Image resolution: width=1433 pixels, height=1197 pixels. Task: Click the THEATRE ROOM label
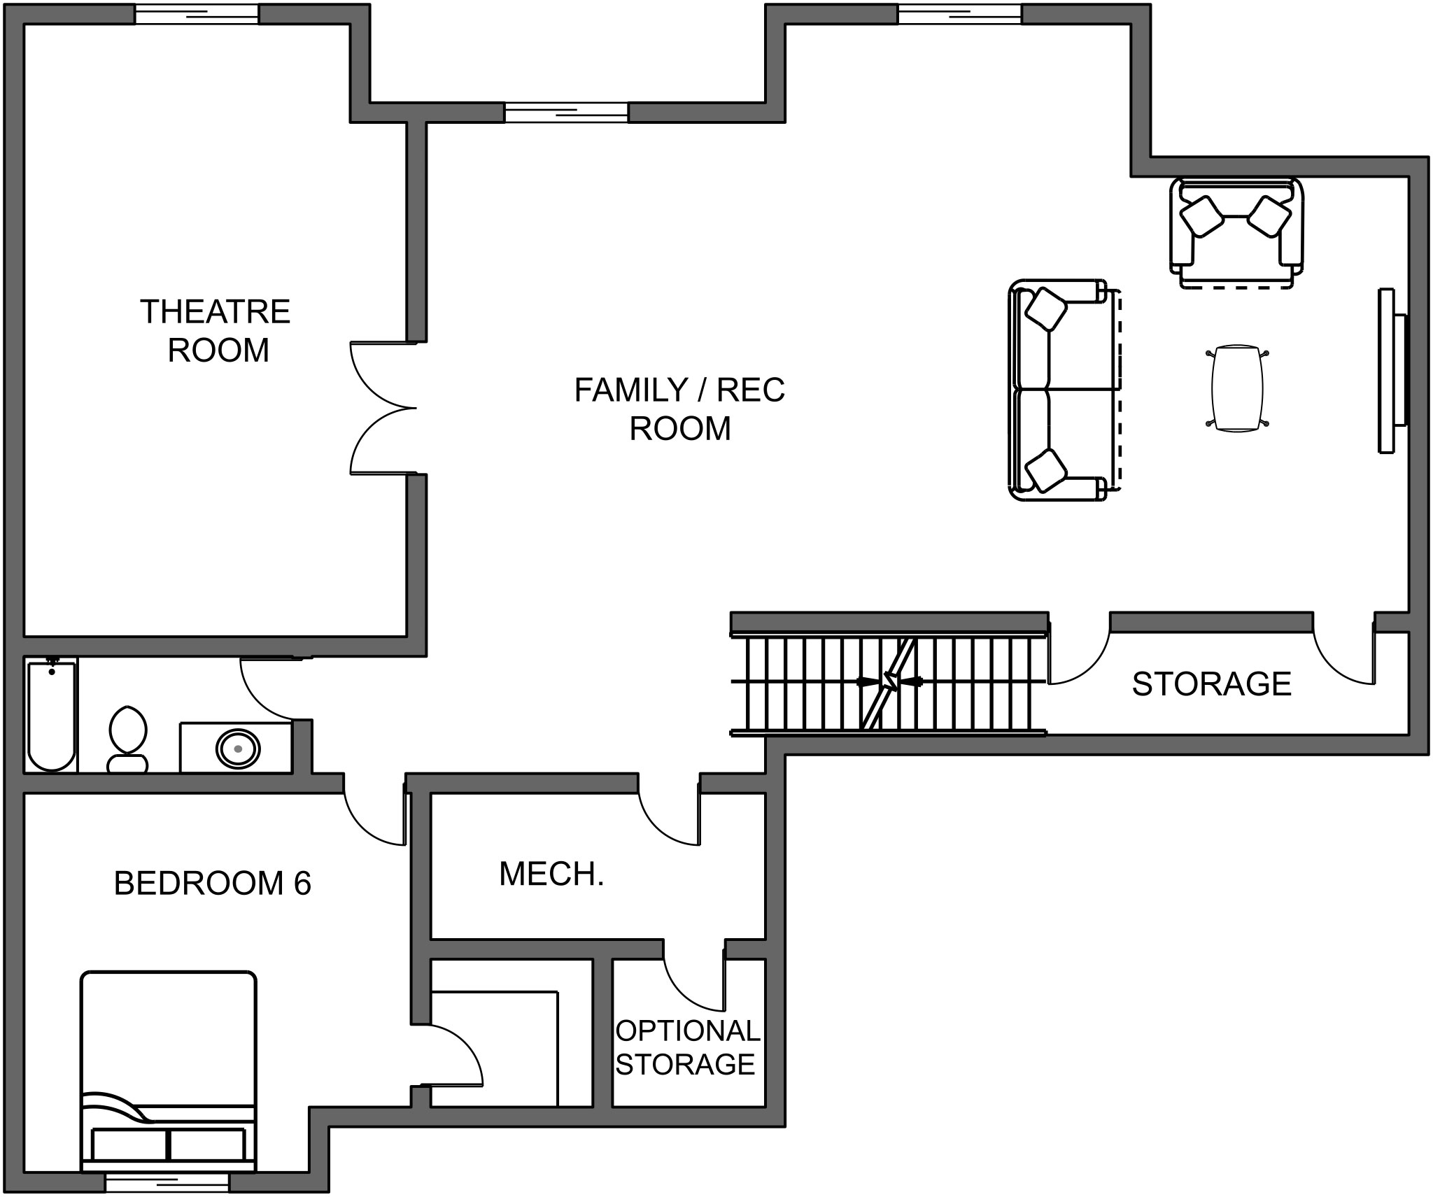point(216,330)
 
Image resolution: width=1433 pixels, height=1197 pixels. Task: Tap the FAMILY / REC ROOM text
point(679,409)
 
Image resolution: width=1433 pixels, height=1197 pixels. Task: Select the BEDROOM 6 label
point(212,883)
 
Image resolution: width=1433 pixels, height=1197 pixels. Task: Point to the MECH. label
point(551,874)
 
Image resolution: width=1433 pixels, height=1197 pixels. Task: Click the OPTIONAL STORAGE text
point(686,1047)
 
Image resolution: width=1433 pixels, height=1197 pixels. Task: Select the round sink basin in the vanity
point(238,749)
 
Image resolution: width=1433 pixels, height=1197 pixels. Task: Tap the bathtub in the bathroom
point(51,715)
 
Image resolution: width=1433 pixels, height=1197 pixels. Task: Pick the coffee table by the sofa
point(1237,388)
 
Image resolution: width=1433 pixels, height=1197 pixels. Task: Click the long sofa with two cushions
point(1060,390)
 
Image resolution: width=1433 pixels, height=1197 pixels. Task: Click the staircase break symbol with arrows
point(890,681)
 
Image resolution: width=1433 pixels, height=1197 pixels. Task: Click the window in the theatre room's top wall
point(197,13)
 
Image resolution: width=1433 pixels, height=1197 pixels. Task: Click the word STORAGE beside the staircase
point(1211,684)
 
